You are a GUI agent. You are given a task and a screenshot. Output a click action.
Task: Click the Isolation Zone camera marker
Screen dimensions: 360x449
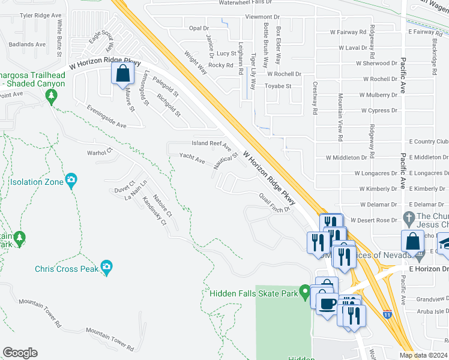pos(71,179)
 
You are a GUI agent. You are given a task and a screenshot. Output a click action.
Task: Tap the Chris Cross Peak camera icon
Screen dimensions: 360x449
pos(106,266)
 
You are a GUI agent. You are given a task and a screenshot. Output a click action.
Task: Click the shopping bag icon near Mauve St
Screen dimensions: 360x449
pos(122,74)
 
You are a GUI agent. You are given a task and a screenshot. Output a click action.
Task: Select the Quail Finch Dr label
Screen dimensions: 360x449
pos(274,203)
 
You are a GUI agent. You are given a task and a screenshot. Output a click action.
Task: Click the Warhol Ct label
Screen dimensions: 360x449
pos(100,152)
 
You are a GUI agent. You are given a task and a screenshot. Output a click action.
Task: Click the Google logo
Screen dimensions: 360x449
pos(20,353)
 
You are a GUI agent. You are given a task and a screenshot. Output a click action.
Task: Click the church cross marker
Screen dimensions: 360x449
pos(409,217)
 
